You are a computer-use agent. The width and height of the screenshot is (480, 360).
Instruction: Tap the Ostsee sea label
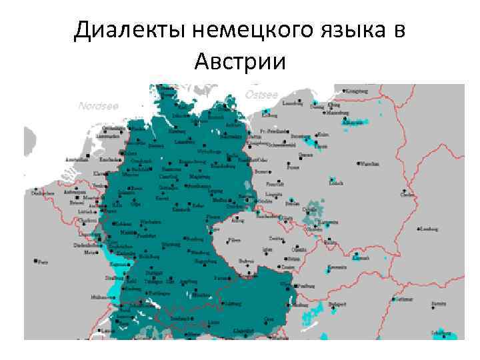261,95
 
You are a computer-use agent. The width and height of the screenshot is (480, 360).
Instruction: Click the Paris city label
44,261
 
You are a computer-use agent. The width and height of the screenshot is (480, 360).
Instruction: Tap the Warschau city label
371,162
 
